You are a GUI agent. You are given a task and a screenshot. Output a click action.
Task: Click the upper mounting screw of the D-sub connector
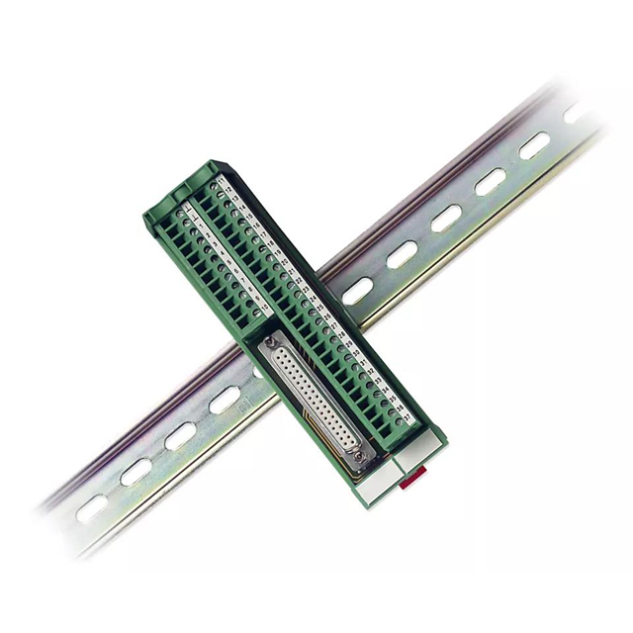point(268,342)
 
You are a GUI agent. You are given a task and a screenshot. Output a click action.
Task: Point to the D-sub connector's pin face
point(315,400)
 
